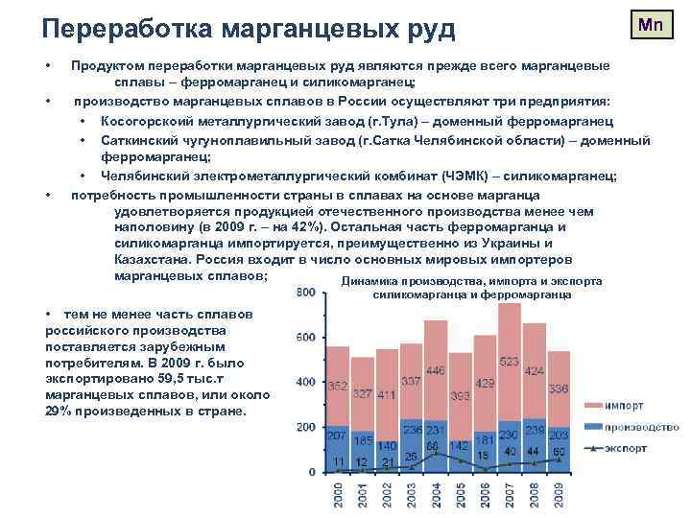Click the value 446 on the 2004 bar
point(436,369)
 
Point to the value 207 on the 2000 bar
point(337,436)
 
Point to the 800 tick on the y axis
point(305,293)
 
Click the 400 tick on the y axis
point(305,382)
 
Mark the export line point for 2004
point(435,452)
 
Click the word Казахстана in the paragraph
point(154,259)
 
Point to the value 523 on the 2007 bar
point(510,363)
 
